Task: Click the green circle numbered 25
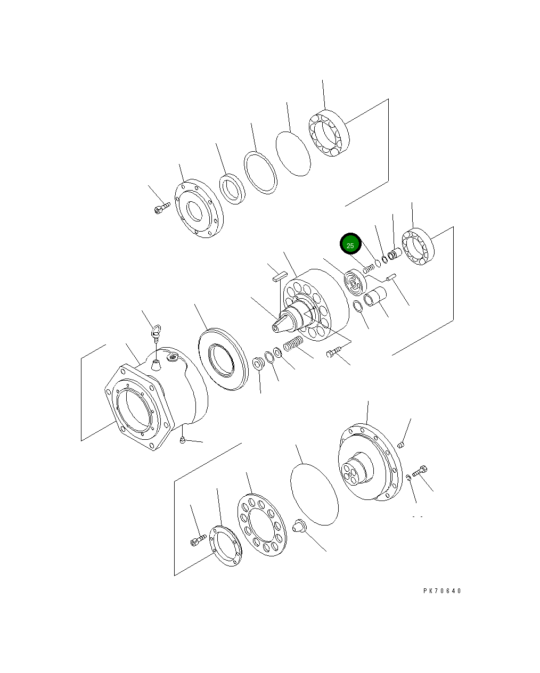tap(350, 245)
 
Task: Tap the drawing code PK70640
tap(442, 590)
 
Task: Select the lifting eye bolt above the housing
tap(156, 333)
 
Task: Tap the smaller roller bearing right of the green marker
tap(419, 245)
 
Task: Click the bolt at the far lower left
tap(198, 541)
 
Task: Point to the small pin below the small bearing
tap(392, 276)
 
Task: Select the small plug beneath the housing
tap(183, 439)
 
